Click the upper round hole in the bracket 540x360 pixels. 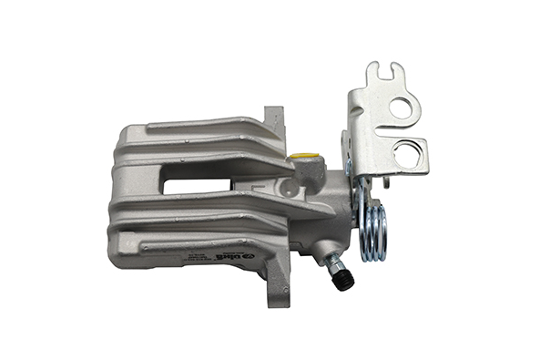pyautogui.click(x=401, y=107)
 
